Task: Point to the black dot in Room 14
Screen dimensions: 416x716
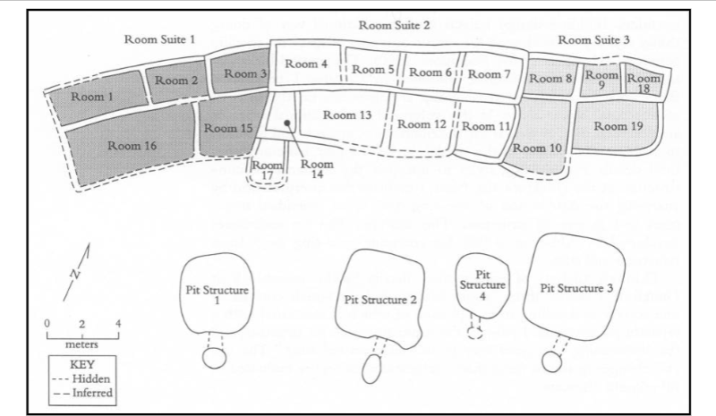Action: click(286, 123)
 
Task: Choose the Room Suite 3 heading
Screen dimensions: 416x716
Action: click(595, 40)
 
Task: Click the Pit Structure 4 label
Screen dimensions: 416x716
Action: click(483, 284)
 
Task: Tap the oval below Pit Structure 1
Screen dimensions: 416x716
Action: click(214, 358)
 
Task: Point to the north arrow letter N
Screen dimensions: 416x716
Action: click(74, 274)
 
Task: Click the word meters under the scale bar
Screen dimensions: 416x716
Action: click(81, 343)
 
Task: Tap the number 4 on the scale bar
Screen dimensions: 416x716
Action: click(117, 322)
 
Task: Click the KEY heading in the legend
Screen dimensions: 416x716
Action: click(81, 365)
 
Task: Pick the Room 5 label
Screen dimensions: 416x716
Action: click(371, 70)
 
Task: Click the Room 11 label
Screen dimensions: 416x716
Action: click(490, 126)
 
